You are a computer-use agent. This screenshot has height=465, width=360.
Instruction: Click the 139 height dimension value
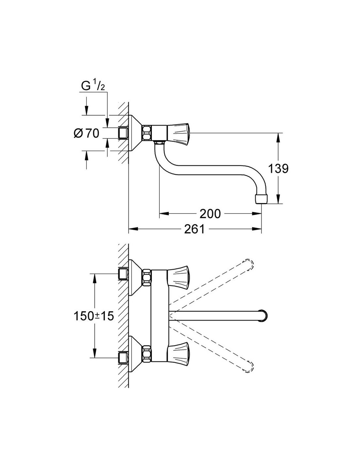[279, 169]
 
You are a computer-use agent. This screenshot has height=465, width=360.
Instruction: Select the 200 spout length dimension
[210, 214]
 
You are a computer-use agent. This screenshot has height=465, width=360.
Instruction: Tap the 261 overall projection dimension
[194, 229]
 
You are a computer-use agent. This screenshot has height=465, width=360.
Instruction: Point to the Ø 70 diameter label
[86, 133]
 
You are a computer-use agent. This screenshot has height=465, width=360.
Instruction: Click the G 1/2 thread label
[93, 86]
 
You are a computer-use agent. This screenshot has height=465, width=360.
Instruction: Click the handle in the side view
[178, 133]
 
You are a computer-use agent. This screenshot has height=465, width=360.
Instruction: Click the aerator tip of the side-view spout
[261, 199]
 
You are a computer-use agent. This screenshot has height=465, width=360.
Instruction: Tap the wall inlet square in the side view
[123, 133]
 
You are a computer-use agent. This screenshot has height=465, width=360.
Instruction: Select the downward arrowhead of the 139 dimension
[279, 199]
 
